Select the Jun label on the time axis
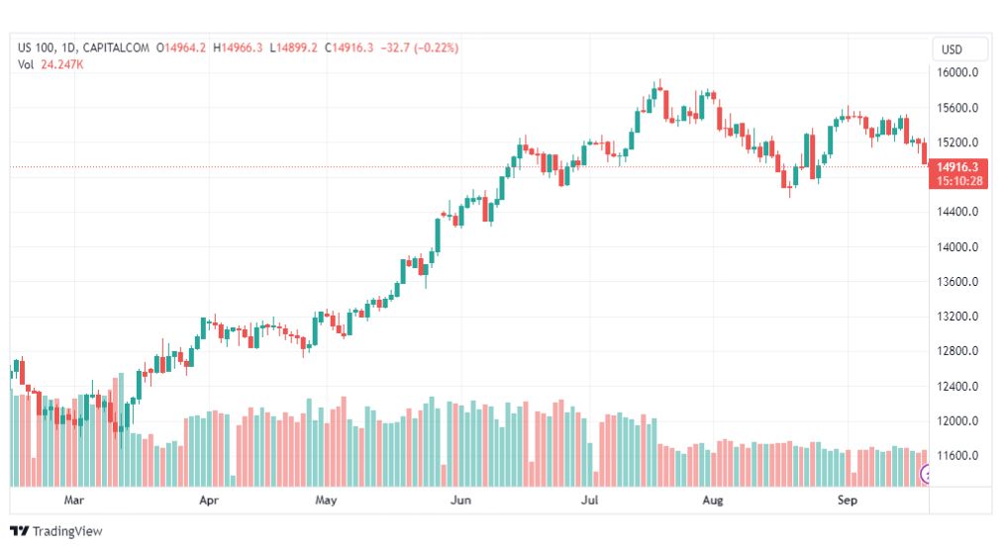coord(460,501)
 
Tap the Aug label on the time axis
coord(713,501)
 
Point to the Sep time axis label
coord(848,501)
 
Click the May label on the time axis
coord(327,501)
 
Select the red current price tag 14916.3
coord(958,167)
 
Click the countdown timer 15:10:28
coord(958,181)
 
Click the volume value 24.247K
coord(61,64)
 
